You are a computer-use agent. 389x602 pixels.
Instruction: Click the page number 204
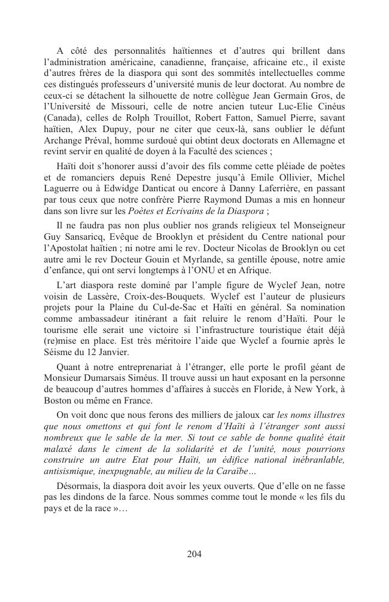coord(194,554)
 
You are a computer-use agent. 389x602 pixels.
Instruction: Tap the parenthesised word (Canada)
coord(63,117)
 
